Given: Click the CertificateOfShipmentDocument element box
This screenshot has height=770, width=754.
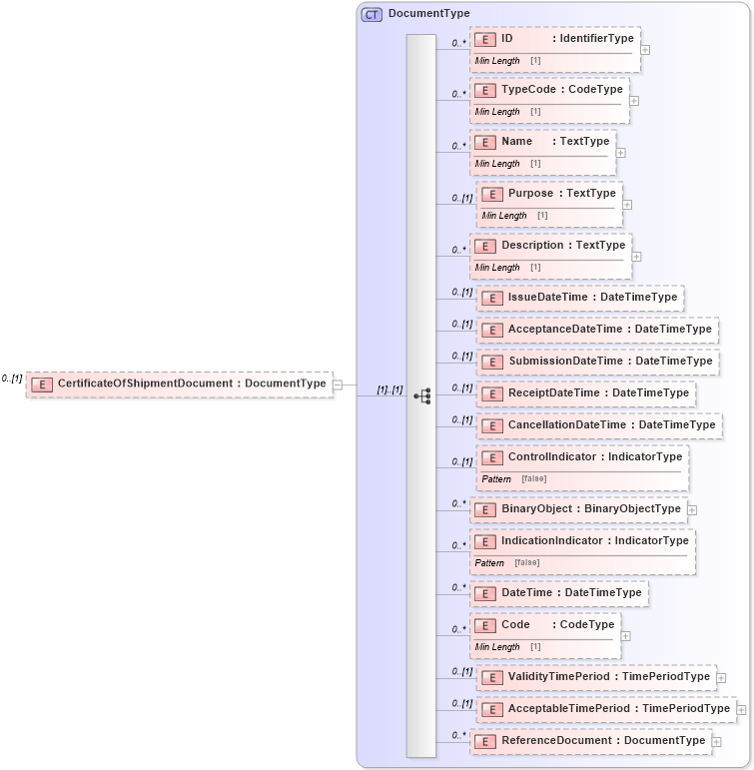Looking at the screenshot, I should pyautogui.click(x=180, y=384).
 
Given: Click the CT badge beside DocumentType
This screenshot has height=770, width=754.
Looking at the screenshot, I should pyautogui.click(x=372, y=14).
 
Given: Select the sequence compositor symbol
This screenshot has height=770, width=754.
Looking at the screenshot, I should pyautogui.click(x=421, y=395).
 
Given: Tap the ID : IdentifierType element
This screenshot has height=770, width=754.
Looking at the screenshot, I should pyautogui.click(x=555, y=39).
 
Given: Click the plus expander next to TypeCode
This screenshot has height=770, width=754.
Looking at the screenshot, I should pyautogui.click(x=634, y=100).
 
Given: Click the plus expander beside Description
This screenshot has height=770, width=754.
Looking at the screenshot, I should pyautogui.click(x=636, y=257).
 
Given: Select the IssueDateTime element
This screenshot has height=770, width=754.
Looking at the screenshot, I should pyautogui.click(x=579, y=298).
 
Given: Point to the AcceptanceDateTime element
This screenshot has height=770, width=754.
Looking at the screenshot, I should pyautogui.click(x=597, y=330).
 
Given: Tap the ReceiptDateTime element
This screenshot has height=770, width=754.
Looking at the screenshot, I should pyautogui.click(x=586, y=393).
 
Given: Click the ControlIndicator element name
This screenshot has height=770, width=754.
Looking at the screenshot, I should pyautogui.click(x=550, y=457).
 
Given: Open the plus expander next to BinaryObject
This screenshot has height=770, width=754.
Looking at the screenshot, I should pyautogui.click(x=692, y=509).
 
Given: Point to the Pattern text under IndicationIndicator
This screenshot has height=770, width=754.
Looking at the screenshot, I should pyautogui.click(x=489, y=562).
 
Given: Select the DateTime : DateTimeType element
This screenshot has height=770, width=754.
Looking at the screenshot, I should pyautogui.click(x=559, y=593).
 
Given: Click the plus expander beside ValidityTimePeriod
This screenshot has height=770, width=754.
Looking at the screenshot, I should pyautogui.click(x=721, y=677).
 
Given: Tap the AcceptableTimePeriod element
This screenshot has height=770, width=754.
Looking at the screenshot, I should pyautogui.click(x=607, y=709).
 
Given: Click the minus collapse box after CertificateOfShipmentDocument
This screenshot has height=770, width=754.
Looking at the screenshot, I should pyautogui.click(x=338, y=384).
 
